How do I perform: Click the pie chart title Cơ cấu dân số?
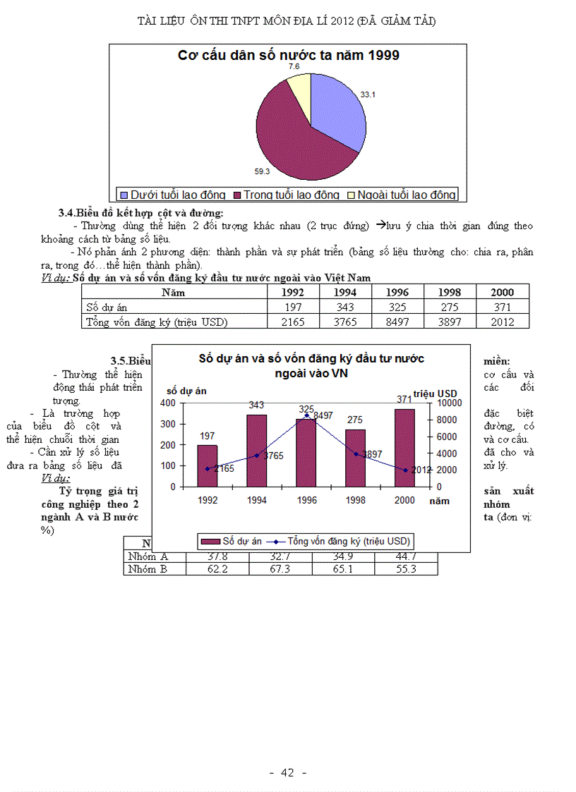pos(288,55)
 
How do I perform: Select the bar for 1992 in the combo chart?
pos(208,465)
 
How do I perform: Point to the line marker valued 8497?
pos(306,415)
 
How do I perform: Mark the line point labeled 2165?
pos(208,468)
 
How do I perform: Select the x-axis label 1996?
pos(306,499)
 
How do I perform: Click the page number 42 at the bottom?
pos(287,772)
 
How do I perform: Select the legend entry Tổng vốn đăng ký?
pos(349,541)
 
